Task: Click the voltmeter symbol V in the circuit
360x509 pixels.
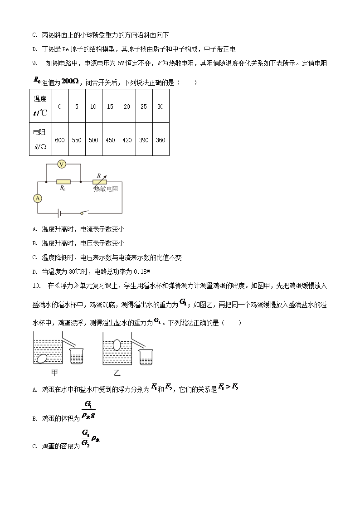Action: [x=63, y=165]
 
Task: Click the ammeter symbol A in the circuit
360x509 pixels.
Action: [x=38, y=198]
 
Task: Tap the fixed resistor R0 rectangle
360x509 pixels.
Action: [x=63, y=182]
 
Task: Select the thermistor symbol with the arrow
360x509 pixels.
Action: [x=99, y=181]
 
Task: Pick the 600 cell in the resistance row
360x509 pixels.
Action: [x=60, y=140]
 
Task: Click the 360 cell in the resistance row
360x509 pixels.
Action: [x=161, y=140]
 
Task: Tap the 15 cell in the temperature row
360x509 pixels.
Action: [x=110, y=107]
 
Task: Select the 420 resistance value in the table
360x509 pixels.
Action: [x=127, y=140]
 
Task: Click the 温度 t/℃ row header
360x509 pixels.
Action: [x=40, y=106]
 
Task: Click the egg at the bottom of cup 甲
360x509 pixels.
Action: [x=42, y=358]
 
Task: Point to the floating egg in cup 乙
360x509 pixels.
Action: [x=116, y=345]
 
